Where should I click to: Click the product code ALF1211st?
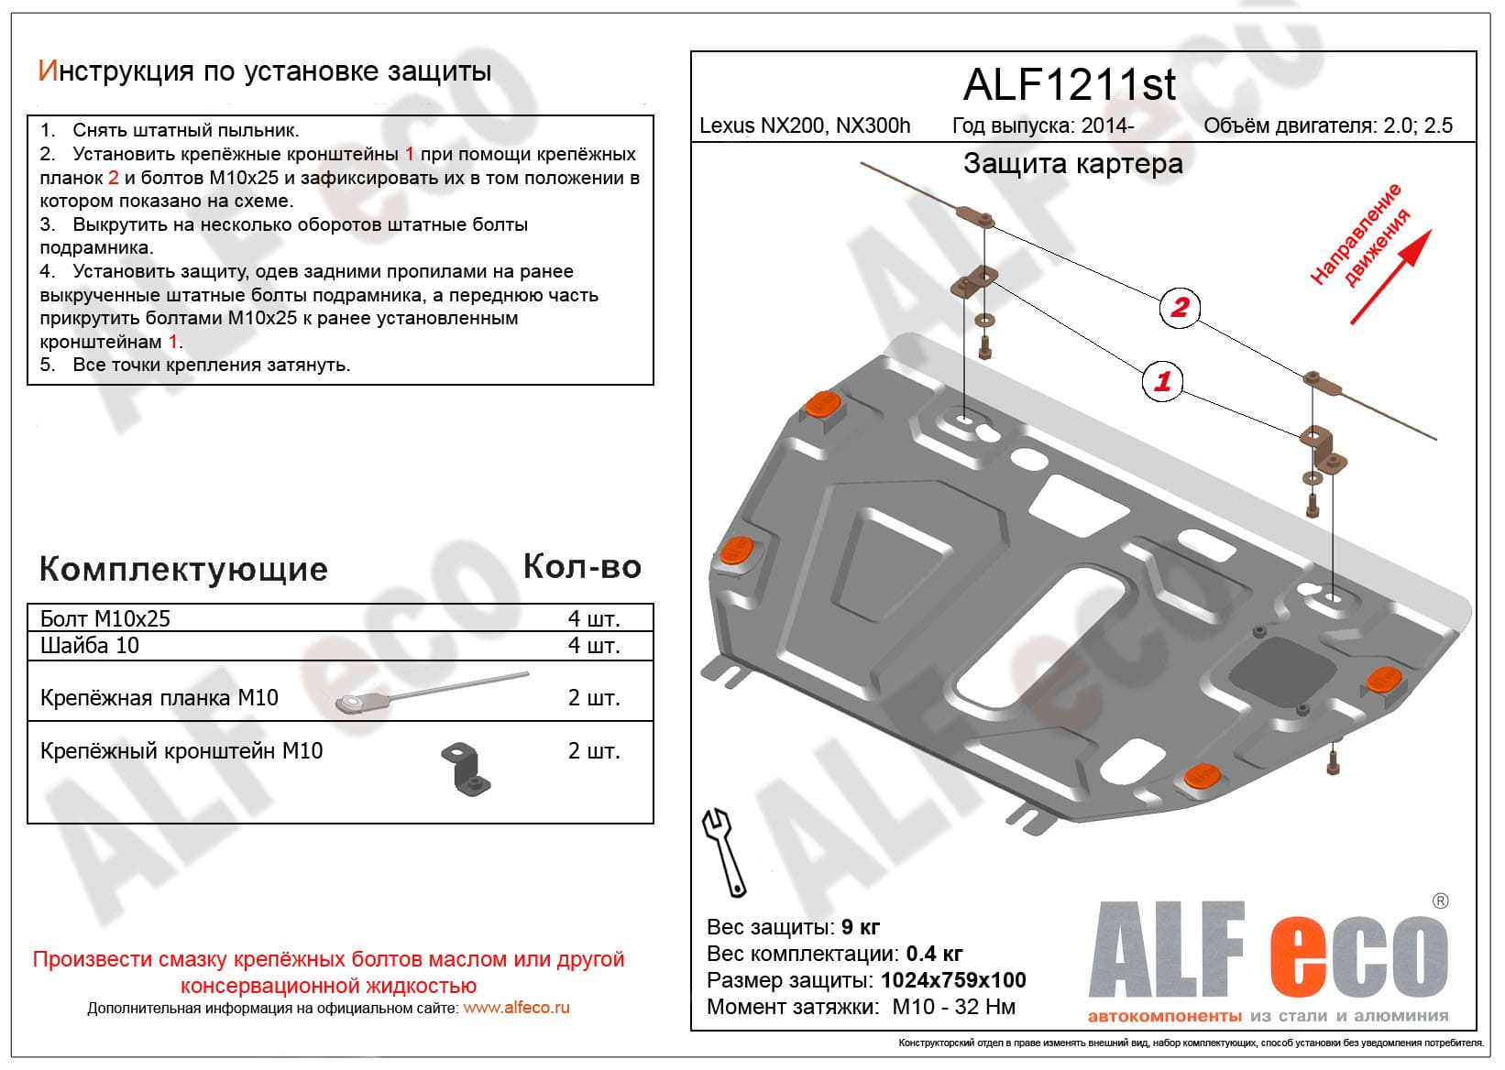coord(1069,85)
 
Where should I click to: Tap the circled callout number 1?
coord(1162,380)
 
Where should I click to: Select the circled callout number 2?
coord(1180,307)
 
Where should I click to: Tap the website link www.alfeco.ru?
coord(516,1008)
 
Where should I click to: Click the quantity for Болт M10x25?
coord(594,618)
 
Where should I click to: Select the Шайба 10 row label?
coord(90,646)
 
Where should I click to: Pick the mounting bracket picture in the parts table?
coord(467,768)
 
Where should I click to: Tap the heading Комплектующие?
coord(183,569)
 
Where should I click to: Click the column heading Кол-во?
coord(582,567)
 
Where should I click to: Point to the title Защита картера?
coord(1072,164)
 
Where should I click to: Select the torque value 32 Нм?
coord(984,1007)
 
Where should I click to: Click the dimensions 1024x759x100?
coord(953,980)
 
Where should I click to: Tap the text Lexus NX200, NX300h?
coord(805,126)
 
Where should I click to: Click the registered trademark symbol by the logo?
coord(1440,901)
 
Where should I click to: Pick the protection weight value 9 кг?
coord(861,927)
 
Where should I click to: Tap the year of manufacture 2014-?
coord(1107,126)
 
